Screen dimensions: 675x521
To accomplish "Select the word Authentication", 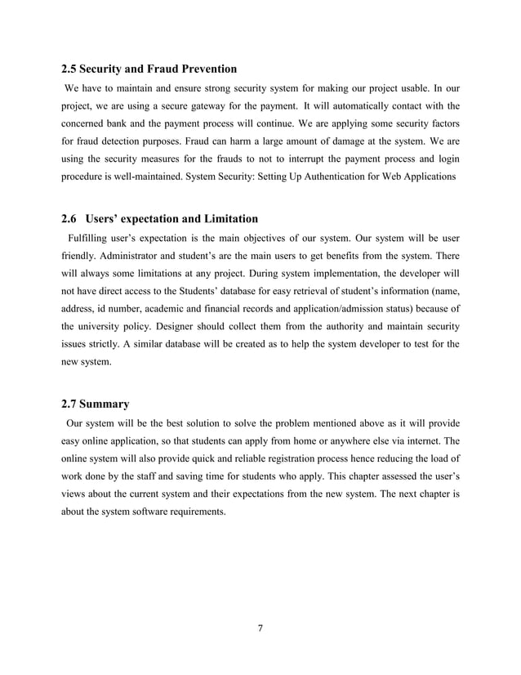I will tap(327, 176).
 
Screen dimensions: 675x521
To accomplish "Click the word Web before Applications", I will tap(390, 176).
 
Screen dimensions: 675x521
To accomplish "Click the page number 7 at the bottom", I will tap(260, 628).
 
